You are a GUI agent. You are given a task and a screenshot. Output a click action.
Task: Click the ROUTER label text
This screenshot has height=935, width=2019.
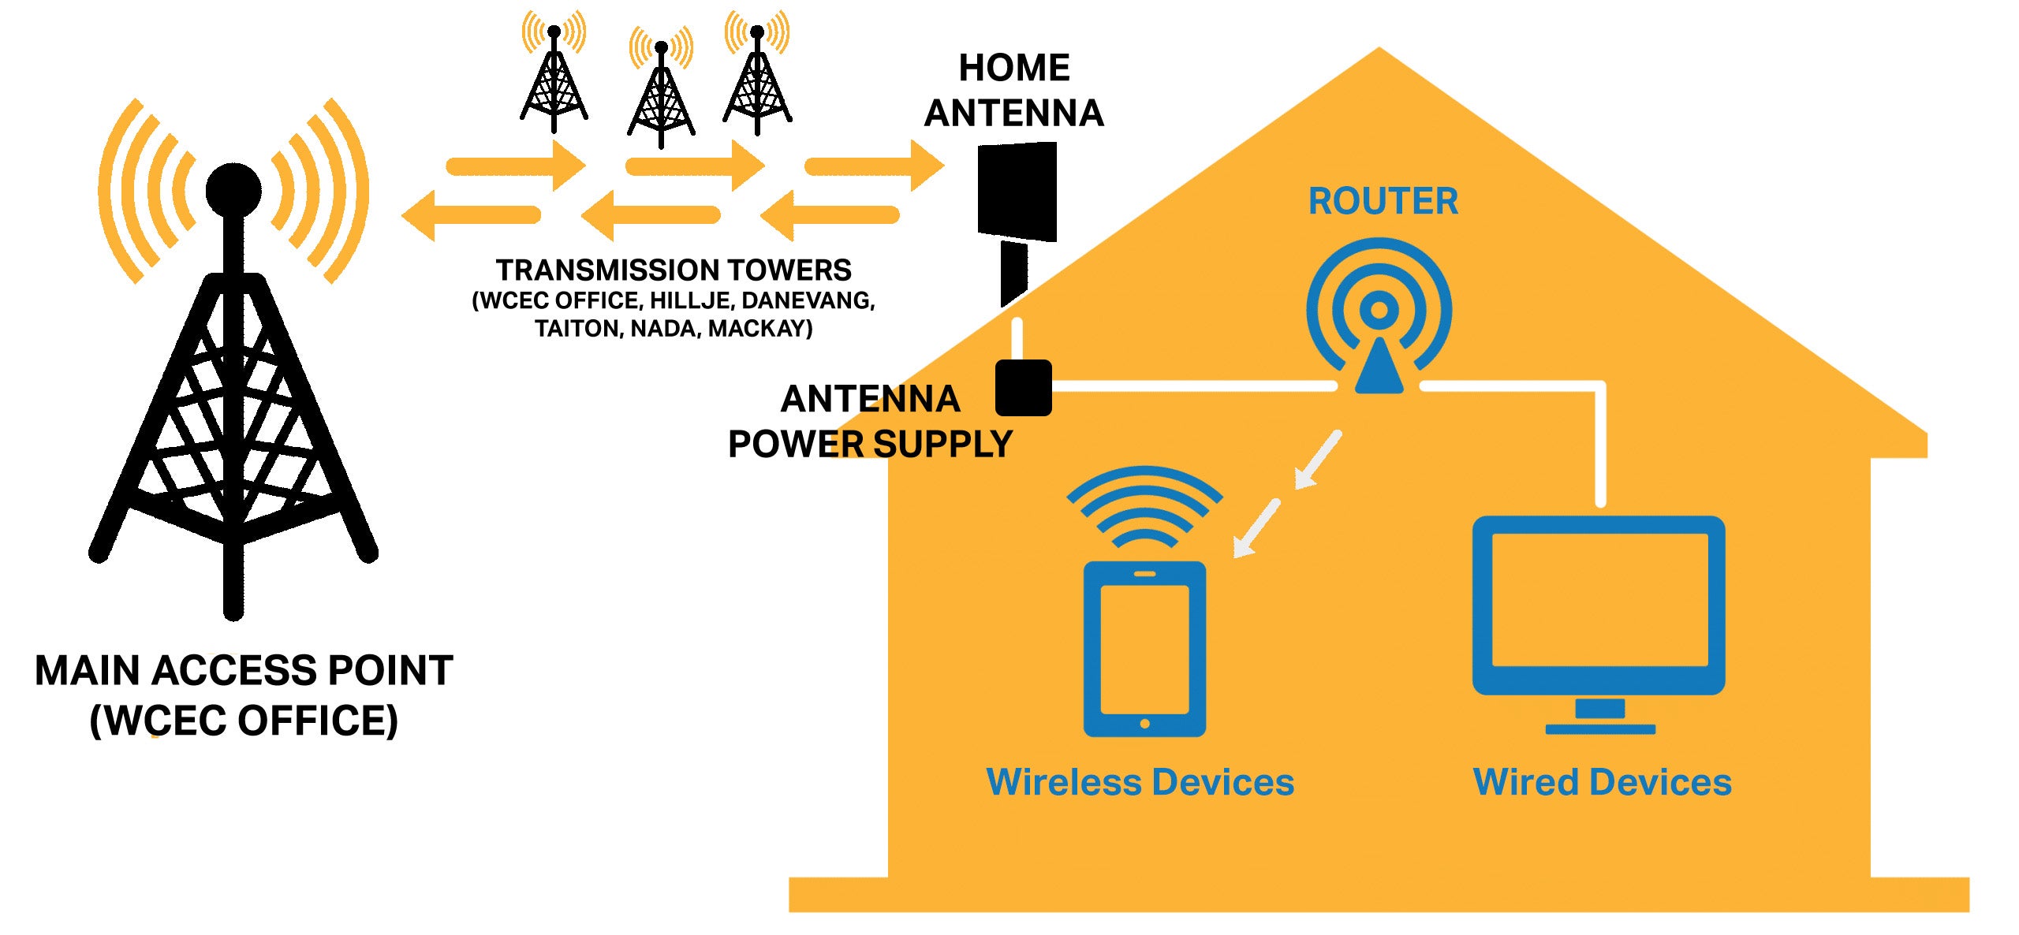point(1383,201)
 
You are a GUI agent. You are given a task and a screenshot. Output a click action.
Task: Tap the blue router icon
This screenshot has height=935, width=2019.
point(1379,315)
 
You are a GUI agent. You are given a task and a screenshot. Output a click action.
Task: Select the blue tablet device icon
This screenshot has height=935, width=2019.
point(1144,649)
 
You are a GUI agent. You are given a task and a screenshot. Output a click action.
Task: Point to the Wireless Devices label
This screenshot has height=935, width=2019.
point(1140,782)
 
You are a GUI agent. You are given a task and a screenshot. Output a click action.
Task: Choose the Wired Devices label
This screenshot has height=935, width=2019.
point(1602,782)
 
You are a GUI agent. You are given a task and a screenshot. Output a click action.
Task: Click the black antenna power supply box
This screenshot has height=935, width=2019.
point(1023,388)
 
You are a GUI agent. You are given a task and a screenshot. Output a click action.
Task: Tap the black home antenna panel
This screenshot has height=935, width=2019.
point(1017,191)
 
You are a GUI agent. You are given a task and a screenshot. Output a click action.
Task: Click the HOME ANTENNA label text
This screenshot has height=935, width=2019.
point(1013,90)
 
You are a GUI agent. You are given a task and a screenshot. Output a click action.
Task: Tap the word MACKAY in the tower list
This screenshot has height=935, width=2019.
point(759,328)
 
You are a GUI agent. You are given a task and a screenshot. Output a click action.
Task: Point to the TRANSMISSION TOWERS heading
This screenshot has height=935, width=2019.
point(674,270)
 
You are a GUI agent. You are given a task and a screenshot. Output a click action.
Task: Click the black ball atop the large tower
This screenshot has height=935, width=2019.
point(233,190)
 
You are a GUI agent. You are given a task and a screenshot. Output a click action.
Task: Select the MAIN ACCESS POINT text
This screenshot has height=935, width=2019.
point(244,671)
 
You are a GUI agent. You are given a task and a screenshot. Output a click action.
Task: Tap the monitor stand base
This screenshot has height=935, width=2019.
point(1599,728)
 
